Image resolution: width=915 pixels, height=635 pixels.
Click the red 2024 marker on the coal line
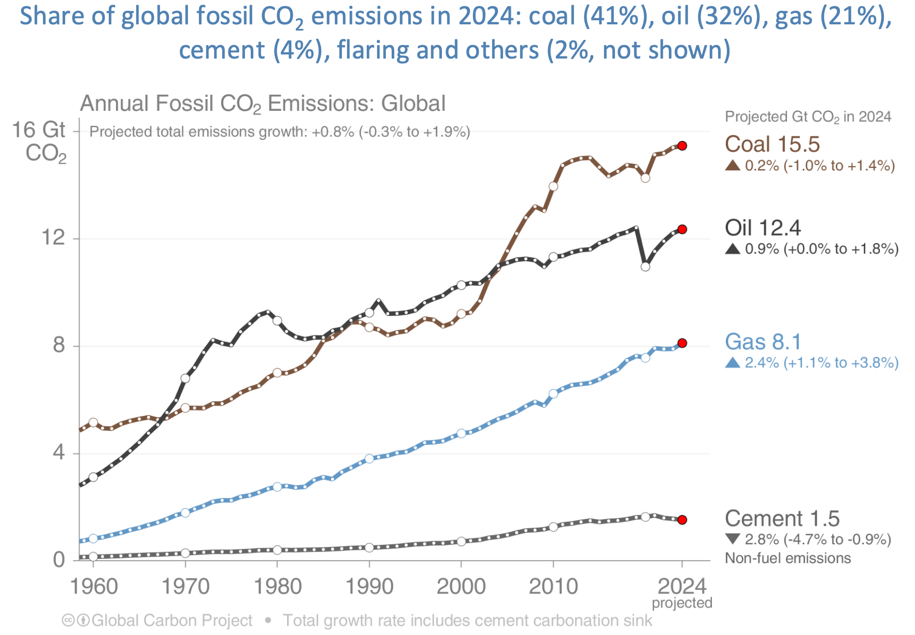682,146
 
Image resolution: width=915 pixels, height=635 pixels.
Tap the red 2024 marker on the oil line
682,229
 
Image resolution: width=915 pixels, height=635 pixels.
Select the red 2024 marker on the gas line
682,343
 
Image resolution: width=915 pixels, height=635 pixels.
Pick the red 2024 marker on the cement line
682,519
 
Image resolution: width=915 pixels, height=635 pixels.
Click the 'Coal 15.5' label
772,144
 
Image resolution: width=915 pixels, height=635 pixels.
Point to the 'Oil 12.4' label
763,228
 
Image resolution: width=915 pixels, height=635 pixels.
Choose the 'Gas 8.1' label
763,342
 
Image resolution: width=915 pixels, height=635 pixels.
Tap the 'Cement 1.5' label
782,518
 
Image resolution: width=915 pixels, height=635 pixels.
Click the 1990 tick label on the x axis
369,587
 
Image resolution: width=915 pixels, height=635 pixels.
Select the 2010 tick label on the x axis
553,587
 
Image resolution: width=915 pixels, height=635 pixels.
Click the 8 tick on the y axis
59,345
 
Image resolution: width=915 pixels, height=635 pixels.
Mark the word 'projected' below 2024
682,603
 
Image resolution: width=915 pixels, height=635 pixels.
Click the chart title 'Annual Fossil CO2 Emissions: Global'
263,104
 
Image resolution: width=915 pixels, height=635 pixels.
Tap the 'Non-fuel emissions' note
788,558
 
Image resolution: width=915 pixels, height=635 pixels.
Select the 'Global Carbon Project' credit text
171,620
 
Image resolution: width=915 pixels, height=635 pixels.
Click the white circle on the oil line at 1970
185,378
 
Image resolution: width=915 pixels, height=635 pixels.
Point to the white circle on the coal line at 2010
553,186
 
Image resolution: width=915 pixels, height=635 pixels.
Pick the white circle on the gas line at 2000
461,433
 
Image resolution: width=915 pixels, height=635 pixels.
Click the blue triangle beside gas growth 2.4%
733,363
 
